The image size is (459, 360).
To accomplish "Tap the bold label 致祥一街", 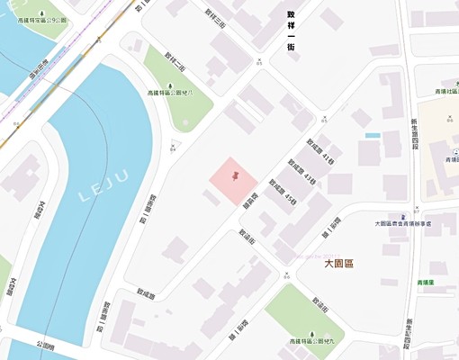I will pos(292,29).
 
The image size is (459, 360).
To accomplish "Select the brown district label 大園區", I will pos(341,264).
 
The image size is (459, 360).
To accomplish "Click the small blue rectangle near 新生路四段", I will pos(373,135).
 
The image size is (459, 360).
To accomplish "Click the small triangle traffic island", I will pos(175,144).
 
